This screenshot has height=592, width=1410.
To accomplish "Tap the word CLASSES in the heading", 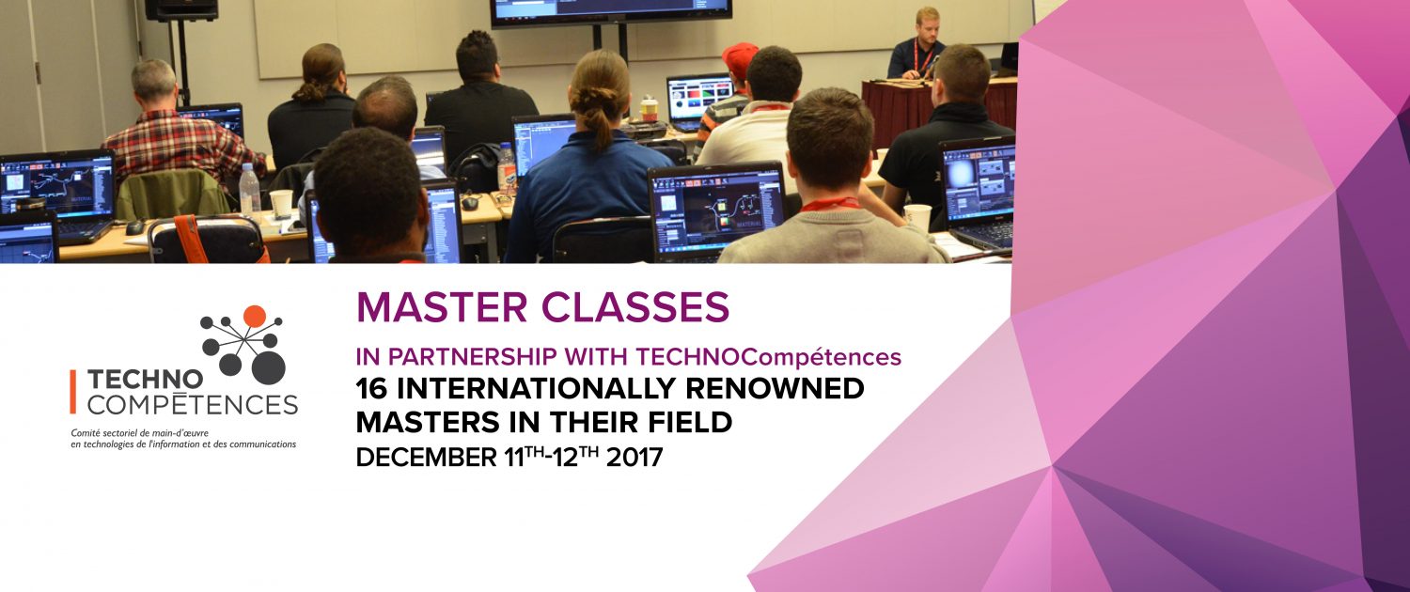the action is point(635,307).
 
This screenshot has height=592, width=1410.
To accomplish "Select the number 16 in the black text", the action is point(371,388).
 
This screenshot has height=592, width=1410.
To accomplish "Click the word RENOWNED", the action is point(775,388).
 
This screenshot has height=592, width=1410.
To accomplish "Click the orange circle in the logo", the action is point(255,316).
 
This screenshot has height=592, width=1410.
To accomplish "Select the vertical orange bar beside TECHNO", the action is point(73,391).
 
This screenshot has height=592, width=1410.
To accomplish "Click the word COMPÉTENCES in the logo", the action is point(193,404).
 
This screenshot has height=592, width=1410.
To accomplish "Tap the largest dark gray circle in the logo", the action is point(269,368).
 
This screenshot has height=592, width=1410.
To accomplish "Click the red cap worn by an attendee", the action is point(740,58).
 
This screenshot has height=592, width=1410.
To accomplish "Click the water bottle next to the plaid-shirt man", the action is point(249,189).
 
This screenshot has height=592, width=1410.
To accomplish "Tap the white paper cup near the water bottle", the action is point(281,203).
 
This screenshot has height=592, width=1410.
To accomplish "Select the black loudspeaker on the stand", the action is point(182,10).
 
